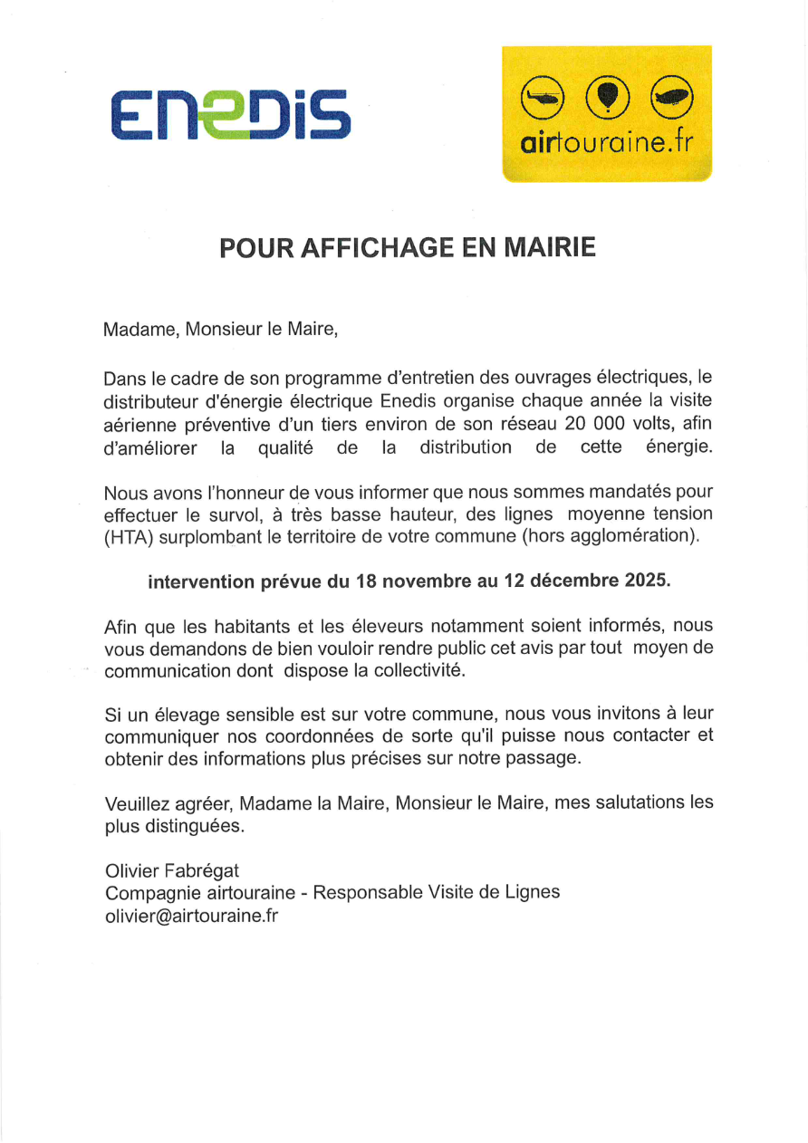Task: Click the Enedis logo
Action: [x=230, y=114]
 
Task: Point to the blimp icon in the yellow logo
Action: [x=671, y=96]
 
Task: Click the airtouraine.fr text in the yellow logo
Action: [x=607, y=143]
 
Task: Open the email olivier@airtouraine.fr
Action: [x=191, y=916]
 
